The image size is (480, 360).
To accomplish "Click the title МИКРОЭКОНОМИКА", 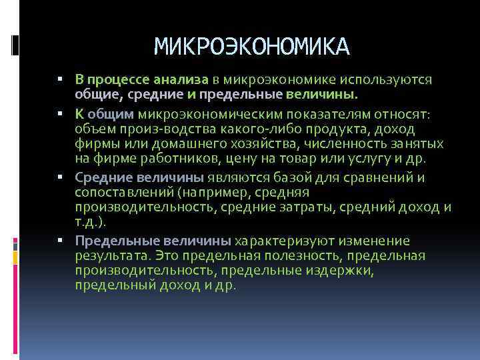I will pyautogui.click(x=251, y=46).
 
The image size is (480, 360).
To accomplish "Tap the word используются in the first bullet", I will pyautogui.click(x=388, y=80).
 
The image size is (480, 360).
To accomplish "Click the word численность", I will pyautogui.click(x=325, y=145).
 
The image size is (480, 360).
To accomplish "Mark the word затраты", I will pyautogui.click(x=305, y=208).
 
